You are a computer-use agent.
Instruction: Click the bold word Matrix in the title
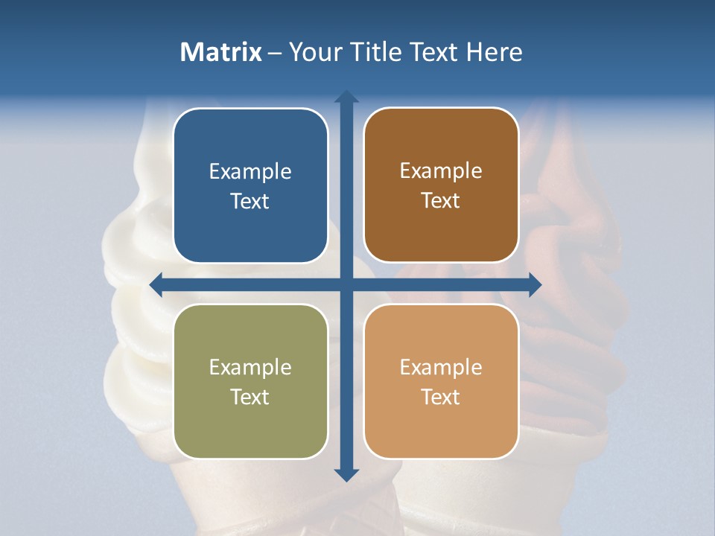pos(221,52)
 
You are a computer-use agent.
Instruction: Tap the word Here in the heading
pos(494,52)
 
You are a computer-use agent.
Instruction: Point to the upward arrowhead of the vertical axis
pos(346,97)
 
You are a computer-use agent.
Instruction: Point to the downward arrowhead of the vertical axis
pos(346,474)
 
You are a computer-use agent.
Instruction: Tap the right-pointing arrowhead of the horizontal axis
pos(534,284)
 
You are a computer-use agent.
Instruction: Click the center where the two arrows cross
pos(346,284)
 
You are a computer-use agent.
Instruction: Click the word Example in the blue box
pos(250,172)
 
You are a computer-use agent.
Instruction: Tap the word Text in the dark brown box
pos(441,201)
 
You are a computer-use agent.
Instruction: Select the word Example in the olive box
pos(250,368)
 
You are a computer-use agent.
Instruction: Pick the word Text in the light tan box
pos(441,397)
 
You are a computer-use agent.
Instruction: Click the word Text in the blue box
pos(250,202)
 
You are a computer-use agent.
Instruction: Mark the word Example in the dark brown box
pos(441,171)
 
